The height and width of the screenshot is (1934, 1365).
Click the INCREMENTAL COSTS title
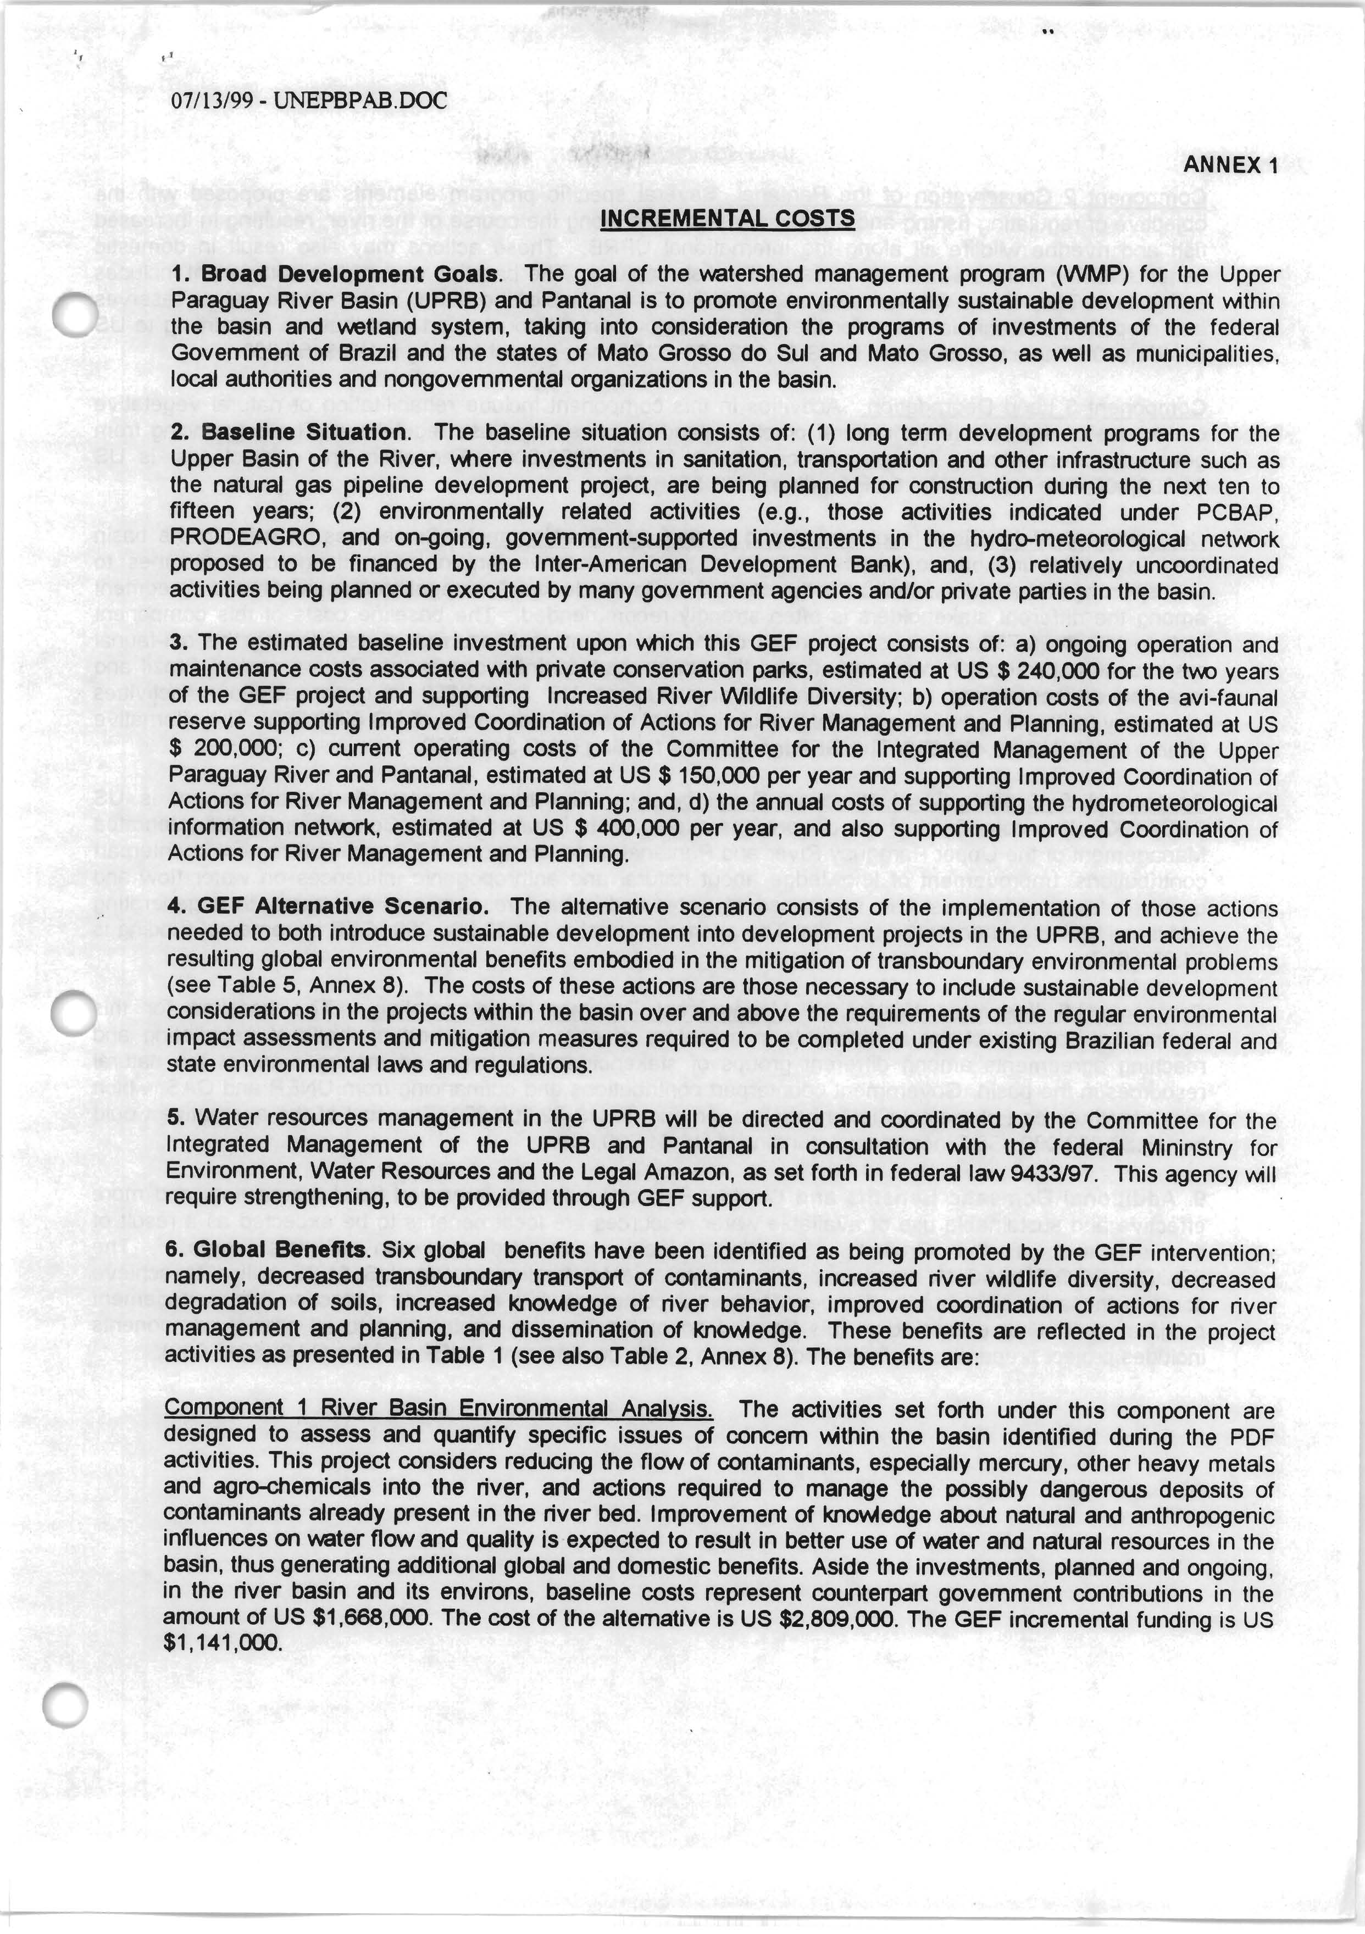727,219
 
